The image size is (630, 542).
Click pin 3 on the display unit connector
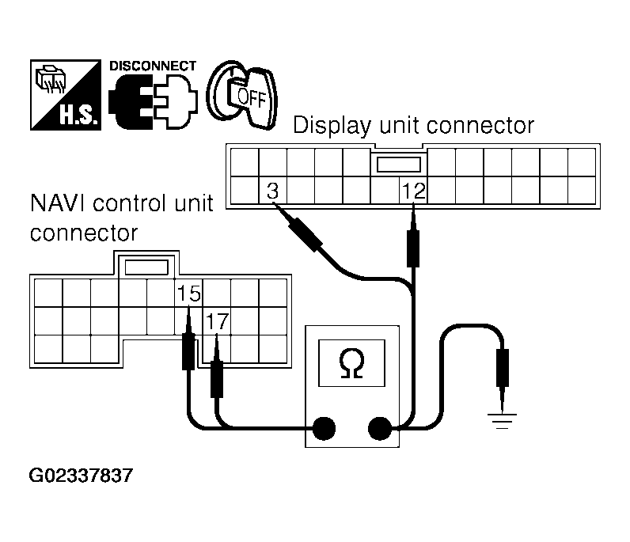[x=272, y=191]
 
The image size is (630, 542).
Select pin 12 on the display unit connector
[x=413, y=191]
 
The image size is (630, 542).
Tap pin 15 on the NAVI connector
[x=188, y=294]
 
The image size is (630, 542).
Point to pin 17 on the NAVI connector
[x=217, y=322]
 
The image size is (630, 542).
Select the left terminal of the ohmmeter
[x=323, y=429]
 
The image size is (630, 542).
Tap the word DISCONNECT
[x=153, y=65]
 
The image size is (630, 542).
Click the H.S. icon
[x=66, y=95]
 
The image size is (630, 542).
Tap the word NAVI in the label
[x=58, y=204]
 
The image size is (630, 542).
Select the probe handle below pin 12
[x=413, y=246]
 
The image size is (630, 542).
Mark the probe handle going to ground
[x=502, y=367]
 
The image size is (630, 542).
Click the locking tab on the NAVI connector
[x=146, y=267]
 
